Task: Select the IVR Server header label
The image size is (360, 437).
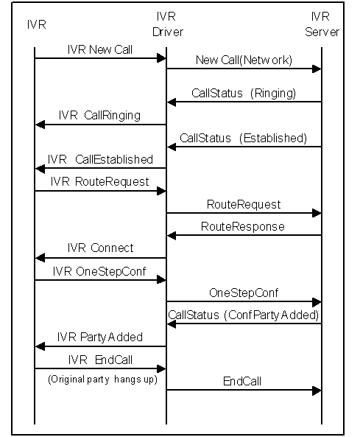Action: click(322, 24)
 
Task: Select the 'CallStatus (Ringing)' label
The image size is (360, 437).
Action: click(244, 93)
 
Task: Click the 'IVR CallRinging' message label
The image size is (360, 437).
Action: click(99, 116)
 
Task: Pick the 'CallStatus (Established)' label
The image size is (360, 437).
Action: click(243, 138)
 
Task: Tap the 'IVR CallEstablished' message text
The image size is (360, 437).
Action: click(100, 159)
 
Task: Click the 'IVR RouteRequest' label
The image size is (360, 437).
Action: click(100, 181)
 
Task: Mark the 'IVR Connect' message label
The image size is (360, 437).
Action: click(100, 248)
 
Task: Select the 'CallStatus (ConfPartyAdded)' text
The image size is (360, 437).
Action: click(243, 315)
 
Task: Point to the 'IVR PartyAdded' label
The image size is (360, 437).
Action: click(100, 337)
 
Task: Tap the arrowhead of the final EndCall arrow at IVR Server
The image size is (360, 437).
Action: click(317, 391)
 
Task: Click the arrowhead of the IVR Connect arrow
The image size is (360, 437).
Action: click(40, 258)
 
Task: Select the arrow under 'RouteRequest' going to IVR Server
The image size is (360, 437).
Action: click(244, 213)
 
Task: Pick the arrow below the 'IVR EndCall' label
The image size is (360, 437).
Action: click(100, 368)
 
